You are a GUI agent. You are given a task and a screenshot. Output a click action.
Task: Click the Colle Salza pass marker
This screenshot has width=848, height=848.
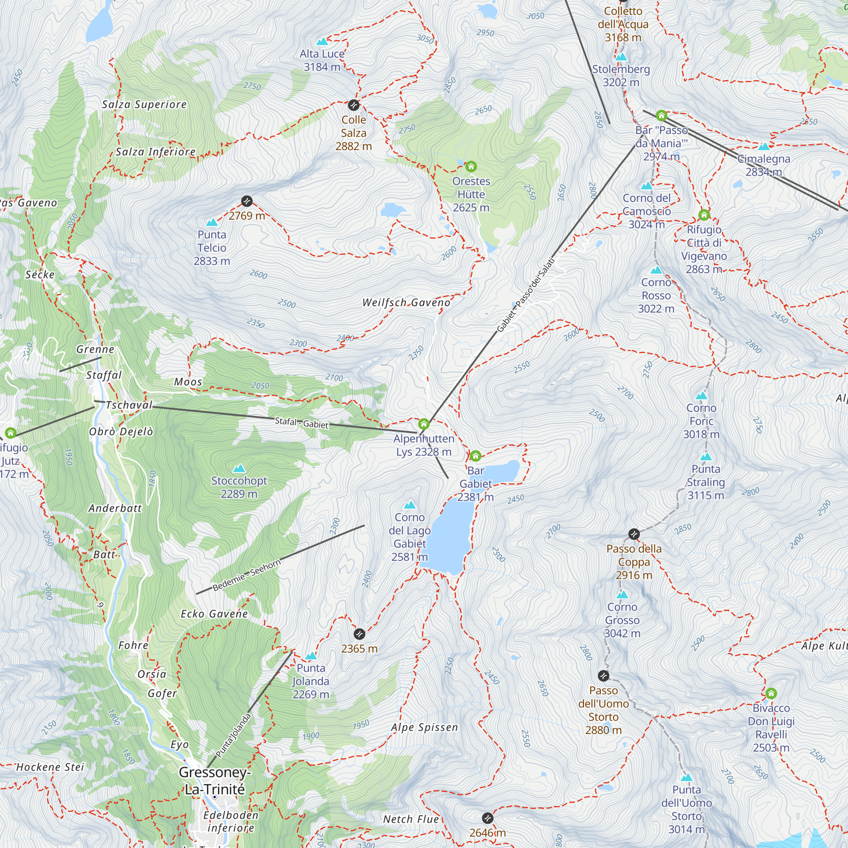point(354,105)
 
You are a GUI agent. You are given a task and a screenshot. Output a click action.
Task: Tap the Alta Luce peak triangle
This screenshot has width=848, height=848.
point(322,42)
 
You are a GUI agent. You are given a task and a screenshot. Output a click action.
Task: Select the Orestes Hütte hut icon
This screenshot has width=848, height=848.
point(471,166)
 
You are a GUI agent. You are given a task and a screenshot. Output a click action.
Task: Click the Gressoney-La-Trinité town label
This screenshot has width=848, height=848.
point(215,781)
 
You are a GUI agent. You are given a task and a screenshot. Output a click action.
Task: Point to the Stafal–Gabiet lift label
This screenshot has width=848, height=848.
point(301,423)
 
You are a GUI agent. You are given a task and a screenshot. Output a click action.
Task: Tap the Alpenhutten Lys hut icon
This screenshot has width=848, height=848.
point(424,424)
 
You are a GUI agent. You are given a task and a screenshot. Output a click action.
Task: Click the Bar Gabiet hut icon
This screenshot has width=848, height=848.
point(475,456)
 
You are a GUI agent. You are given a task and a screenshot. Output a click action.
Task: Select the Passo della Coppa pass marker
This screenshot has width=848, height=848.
point(634,534)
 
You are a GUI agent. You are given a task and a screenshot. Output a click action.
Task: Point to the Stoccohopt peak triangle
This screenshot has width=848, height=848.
point(239,469)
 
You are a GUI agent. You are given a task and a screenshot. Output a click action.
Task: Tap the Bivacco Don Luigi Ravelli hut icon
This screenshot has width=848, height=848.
point(771,694)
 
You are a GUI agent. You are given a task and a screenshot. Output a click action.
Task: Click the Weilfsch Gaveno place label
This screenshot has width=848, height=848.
point(406,302)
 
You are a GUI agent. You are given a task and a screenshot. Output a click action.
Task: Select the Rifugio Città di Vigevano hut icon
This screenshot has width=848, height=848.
point(704,215)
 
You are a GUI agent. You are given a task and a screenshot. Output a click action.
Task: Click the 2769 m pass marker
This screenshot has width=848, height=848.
point(247,201)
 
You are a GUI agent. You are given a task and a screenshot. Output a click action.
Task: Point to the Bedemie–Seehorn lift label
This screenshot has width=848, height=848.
point(246,575)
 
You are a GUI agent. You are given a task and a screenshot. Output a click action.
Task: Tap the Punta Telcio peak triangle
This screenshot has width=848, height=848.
point(212,223)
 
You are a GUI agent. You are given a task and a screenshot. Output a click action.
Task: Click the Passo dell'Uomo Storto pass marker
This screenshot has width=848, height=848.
point(603,675)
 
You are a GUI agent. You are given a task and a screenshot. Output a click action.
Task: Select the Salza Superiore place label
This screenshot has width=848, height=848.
point(144,104)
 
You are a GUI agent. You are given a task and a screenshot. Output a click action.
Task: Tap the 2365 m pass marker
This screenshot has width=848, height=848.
point(359,634)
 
